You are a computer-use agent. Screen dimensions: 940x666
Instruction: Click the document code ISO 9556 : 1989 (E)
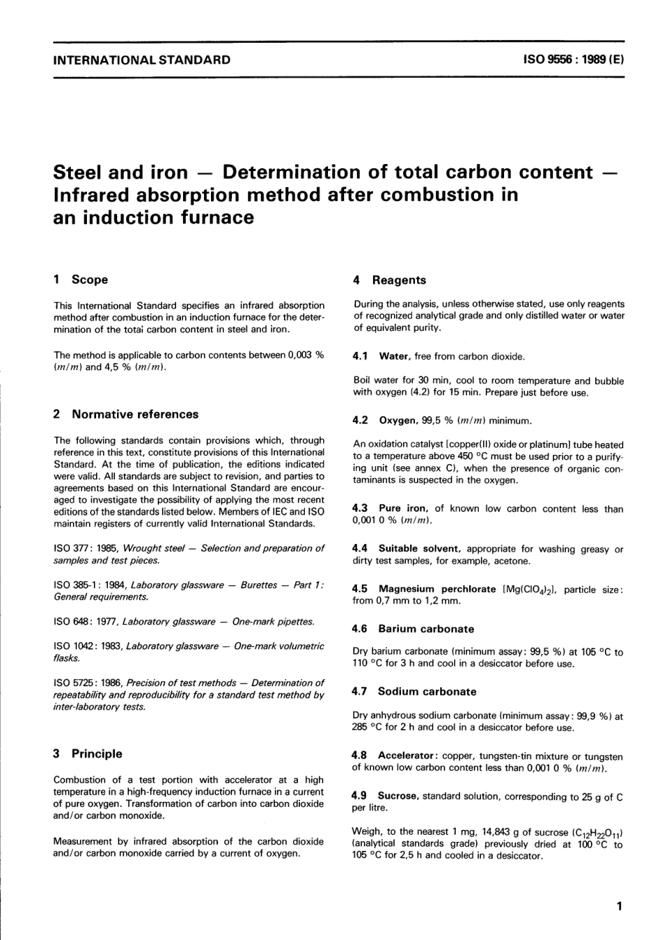tap(573, 60)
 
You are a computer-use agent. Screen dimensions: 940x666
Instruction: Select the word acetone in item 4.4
tap(514, 561)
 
